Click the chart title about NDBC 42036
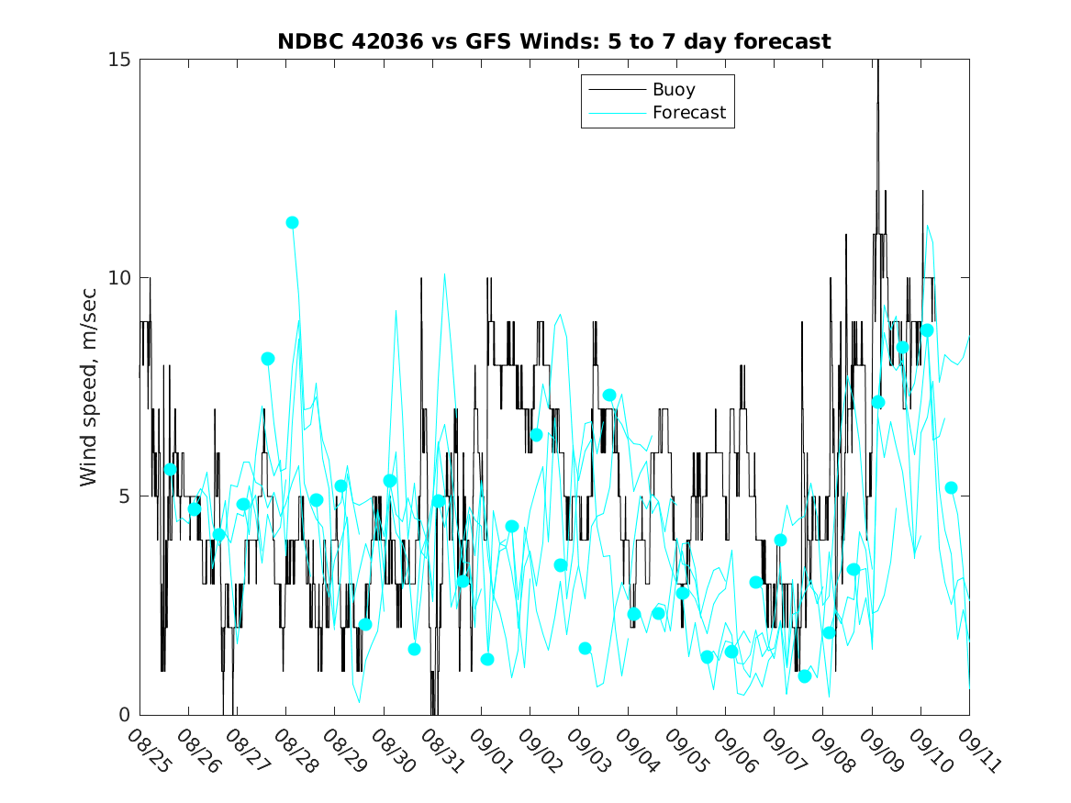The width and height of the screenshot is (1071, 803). pos(554,41)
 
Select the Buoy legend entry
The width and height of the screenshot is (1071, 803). pos(674,90)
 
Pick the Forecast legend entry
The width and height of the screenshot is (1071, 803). pos(688,113)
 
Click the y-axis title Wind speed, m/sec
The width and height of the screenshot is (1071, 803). pos(88,385)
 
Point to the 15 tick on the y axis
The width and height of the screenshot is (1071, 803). pos(121,60)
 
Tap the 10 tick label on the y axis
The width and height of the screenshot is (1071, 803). pos(121,278)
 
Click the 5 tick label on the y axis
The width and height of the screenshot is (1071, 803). pos(126,496)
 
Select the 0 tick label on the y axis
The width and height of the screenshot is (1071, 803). pos(126,715)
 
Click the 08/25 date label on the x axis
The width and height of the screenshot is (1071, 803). pos(148,751)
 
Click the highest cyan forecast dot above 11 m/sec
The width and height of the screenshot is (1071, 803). pos(292,222)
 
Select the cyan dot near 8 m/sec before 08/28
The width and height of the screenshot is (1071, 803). pos(268,359)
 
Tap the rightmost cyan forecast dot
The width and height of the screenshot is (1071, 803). pos(951,488)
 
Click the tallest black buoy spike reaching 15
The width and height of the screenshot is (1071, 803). pos(877,64)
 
